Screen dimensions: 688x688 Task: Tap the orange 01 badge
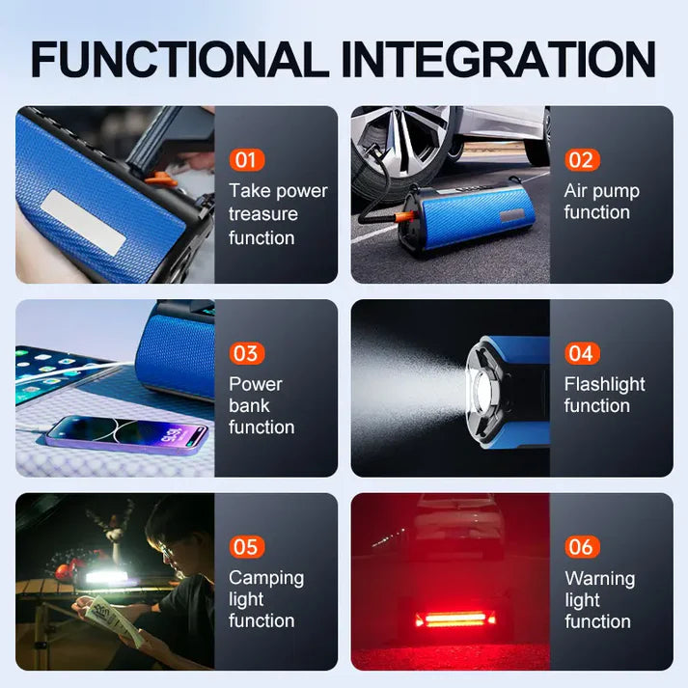[x=246, y=160]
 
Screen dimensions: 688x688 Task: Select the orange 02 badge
[x=581, y=160]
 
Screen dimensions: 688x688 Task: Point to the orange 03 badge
[x=246, y=353]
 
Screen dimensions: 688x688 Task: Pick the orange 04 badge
[x=581, y=353]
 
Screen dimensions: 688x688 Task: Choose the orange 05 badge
[x=246, y=547]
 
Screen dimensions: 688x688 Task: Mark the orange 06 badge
[x=581, y=547]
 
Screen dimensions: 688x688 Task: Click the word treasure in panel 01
[x=263, y=214]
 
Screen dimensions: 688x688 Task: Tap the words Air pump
[x=601, y=191]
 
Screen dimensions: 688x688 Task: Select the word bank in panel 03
[x=249, y=405]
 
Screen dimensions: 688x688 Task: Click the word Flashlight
[x=604, y=384]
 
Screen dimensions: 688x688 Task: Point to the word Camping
[x=266, y=578]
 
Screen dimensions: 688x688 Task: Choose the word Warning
[x=599, y=578]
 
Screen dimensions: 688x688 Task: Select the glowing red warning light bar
[x=455, y=617]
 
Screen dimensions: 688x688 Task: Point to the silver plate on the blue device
[x=83, y=222]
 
